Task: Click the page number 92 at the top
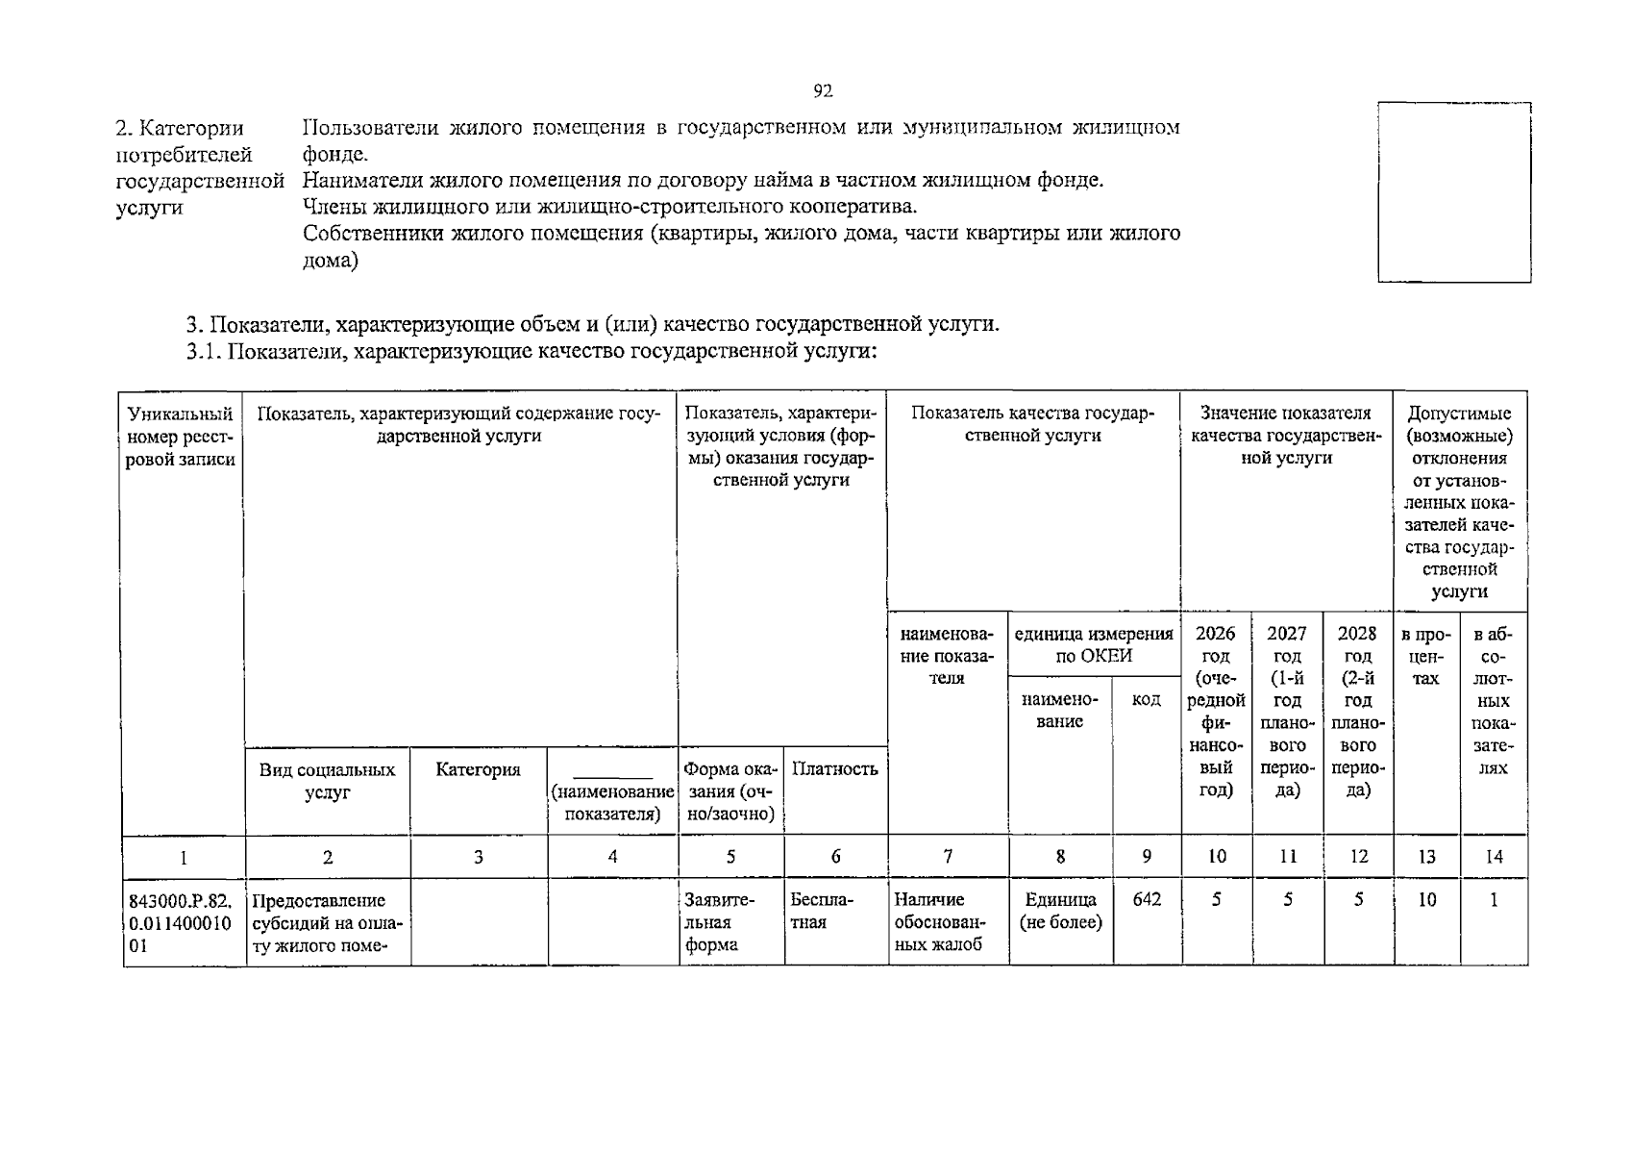coord(822,91)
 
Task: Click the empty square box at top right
coord(1453,192)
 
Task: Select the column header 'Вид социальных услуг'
coord(327,781)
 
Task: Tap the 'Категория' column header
coord(478,769)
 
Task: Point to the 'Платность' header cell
coord(834,768)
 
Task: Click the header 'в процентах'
coord(1426,656)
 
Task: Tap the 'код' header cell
coord(1146,699)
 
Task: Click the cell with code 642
coord(1147,900)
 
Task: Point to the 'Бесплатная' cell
coord(823,911)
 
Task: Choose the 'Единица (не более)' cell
coord(1060,911)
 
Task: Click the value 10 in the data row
coord(1427,900)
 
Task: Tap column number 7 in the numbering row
coord(948,856)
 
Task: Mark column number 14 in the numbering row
coord(1494,856)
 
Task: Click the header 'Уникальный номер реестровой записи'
coord(181,437)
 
